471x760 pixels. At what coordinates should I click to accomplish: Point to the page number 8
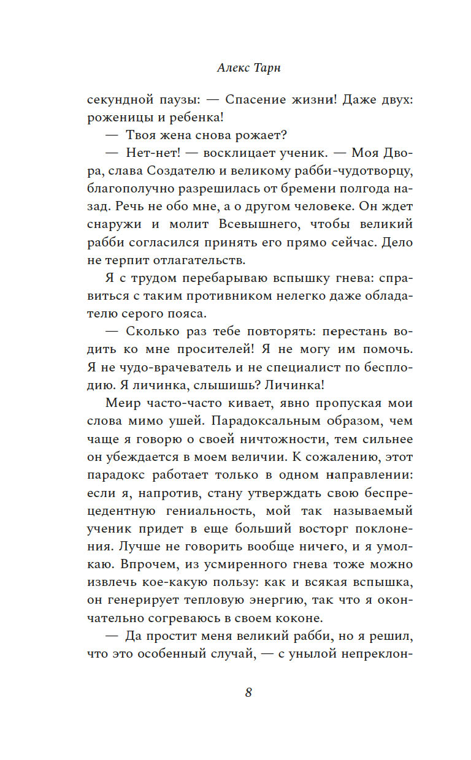pyautogui.click(x=248, y=693)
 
